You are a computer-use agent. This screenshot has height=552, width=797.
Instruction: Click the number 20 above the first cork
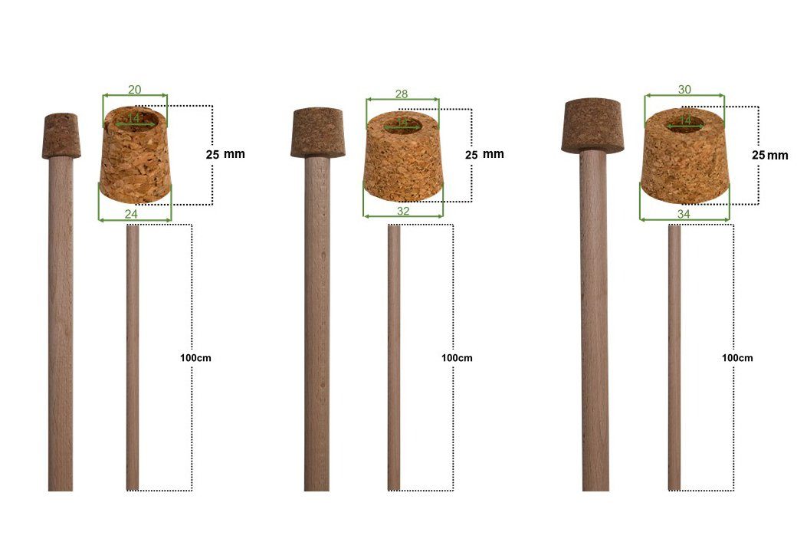[135, 90]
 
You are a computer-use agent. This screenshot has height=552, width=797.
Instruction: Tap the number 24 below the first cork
[131, 214]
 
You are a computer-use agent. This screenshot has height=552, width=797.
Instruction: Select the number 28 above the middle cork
[402, 94]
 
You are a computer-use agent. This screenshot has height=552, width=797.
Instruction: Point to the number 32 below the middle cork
[403, 209]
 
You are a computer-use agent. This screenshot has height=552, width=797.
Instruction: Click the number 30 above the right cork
[684, 89]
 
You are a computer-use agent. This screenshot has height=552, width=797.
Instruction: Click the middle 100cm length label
[458, 358]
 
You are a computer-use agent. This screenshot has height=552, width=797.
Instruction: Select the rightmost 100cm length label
[737, 358]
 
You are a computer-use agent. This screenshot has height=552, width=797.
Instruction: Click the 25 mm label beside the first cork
[225, 153]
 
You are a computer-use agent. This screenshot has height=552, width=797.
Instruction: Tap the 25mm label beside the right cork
[769, 155]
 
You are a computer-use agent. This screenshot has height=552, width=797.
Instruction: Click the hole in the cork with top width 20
[135, 119]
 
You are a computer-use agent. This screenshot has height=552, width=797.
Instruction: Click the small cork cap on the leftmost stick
[61, 136]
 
